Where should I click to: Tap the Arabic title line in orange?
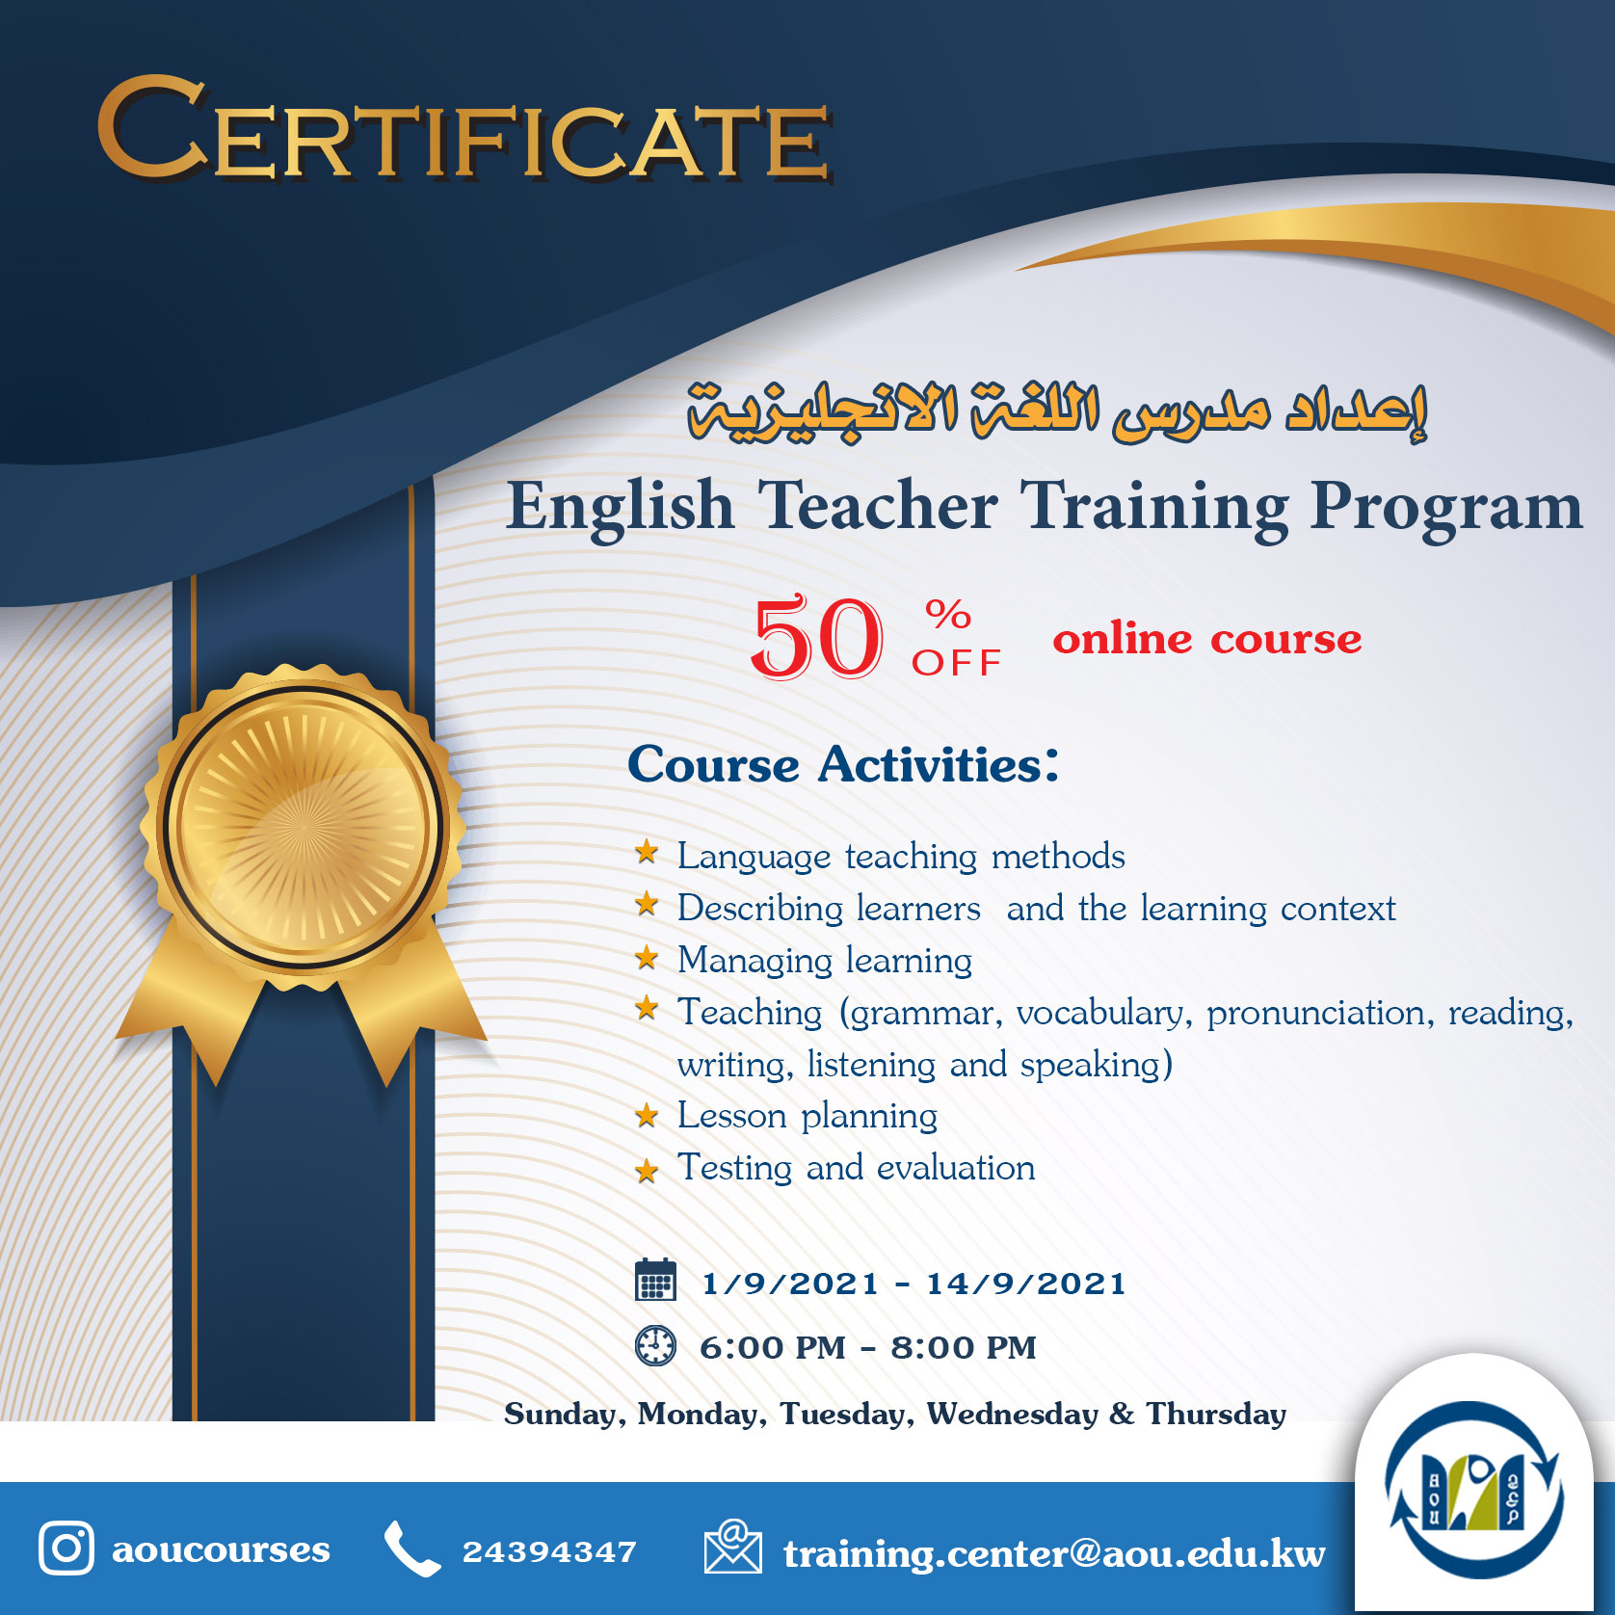(x=1057, y=411)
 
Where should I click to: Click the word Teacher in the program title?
(x=878, y=505)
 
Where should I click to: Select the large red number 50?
(x=816, y=637)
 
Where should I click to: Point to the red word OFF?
(x=957, y=663)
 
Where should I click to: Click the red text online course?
(x=1206, y=639)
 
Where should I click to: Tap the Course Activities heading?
(x=843, y=764)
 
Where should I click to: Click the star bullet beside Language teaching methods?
(x=647, y=852)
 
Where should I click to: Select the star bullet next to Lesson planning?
(x=647, y=1116)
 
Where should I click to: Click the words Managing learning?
(x=825, y=960)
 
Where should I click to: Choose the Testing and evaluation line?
(x=856, y=1168)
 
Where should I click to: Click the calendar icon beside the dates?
(x=655, y=1280)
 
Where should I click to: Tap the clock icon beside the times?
(x=655, y=1345)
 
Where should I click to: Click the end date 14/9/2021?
(x=1026, y=1284)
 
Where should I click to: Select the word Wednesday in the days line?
(x=1013, y=1414)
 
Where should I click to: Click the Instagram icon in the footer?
(x=66, y=1549)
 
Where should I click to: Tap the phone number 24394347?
(x=549, y=1551)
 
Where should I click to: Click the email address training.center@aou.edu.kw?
(x=1054, y=1553)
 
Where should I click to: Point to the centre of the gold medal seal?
(x=303, y=827)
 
